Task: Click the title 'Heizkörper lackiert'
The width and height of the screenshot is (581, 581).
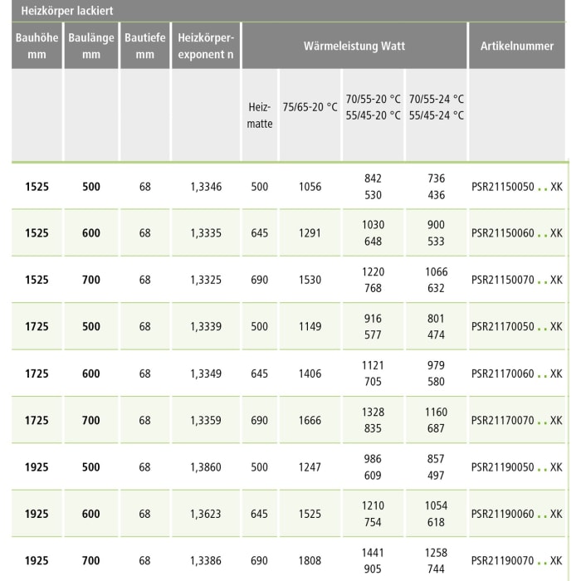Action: pos(66,12)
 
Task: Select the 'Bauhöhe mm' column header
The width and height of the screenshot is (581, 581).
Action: pos(32,46)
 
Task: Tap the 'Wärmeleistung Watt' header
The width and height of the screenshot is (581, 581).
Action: pos(354,46)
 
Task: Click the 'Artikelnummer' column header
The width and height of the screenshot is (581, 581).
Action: pos(516,46)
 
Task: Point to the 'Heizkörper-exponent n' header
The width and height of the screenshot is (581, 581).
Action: pos(206,46)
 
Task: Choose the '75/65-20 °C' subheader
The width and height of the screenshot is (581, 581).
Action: pos(310,107)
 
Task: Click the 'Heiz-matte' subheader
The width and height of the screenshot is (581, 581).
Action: pos(260,115)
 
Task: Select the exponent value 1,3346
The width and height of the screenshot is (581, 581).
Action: pos(206,187)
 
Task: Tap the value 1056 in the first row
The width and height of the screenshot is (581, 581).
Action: pos(310,187)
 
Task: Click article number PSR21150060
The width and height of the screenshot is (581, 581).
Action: pos(502,233)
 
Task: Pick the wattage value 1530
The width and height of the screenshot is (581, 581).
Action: pos(310,280)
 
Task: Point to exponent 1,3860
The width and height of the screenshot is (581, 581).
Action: pos(206,467)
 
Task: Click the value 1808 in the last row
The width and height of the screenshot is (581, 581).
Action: pos(310,561)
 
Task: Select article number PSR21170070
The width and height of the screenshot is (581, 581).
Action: pos(502,421)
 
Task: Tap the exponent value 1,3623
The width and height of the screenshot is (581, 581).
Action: pos(206,514)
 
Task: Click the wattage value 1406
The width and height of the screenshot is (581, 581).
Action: pos(310,373)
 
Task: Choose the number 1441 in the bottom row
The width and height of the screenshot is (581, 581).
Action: pos(373,552)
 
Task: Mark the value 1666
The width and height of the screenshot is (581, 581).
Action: pos(310,421)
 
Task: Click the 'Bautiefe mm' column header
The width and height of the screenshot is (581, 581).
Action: pos(145,46)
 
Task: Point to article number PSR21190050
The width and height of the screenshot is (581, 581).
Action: pos(502,467)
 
